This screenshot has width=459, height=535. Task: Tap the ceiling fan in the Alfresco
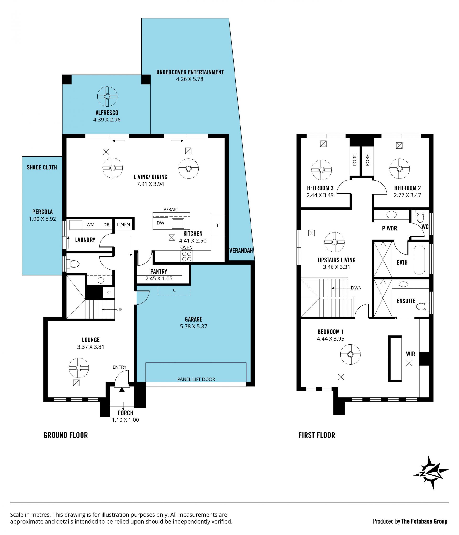(107, 97)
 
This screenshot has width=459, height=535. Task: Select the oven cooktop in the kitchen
(187, 256)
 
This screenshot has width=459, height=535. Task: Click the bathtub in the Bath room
(419, 260)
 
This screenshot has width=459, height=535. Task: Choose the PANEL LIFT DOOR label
(196, 379)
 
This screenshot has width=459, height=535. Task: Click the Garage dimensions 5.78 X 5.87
(194, 326)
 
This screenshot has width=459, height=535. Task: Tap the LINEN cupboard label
(123, 224)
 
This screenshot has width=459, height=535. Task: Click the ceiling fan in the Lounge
(79, 368)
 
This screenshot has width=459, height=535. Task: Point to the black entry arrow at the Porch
(122, 390)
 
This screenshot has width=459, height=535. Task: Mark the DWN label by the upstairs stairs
(356, 288)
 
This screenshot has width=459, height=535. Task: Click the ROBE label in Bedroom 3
(355, 160)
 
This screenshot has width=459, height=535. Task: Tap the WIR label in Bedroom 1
(410, 354)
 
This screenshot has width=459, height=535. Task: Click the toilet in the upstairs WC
(420, 216)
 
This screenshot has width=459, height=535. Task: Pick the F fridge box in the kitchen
(218, 225)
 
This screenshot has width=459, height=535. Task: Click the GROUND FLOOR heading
(66, 435)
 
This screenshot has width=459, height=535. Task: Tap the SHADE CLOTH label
(42, 167)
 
